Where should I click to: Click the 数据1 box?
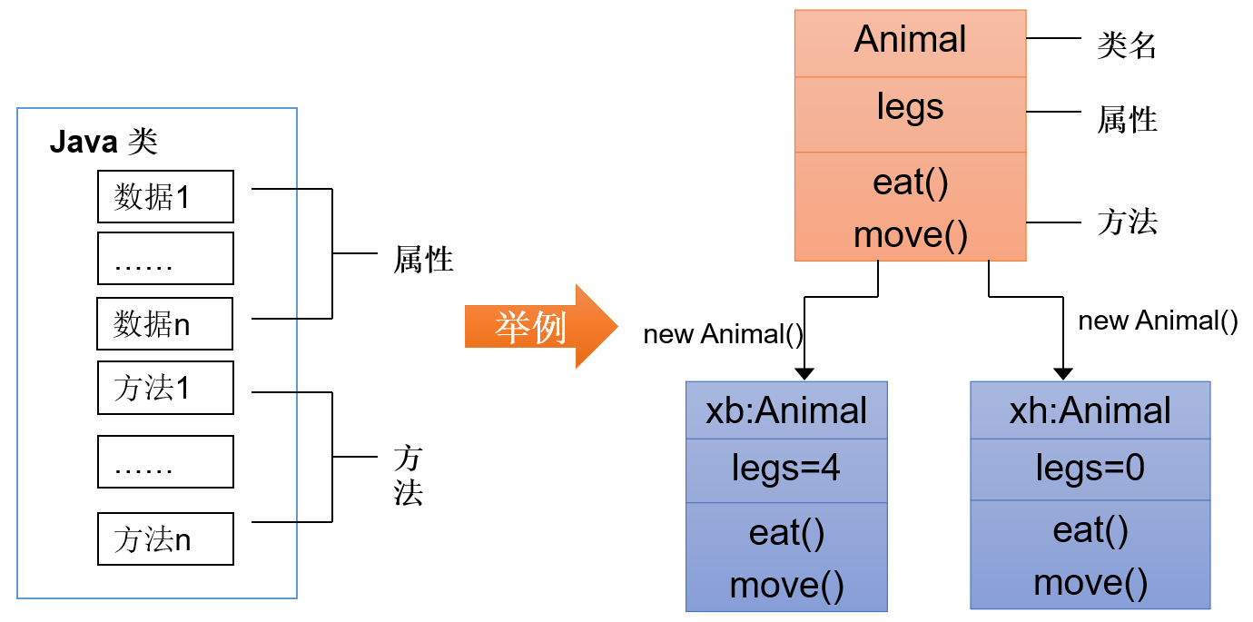[165, 196]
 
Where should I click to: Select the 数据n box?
[165, 323]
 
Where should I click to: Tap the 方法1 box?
[165, 388]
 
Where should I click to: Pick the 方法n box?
[165, 539]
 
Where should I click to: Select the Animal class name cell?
[910, 42]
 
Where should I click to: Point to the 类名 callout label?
[1126, 45]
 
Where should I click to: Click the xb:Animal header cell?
[786, 410]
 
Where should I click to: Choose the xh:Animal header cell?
[1090, 410]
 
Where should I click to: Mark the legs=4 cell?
[786, 469]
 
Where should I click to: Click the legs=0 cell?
[1090, 469]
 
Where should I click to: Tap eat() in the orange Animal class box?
[910, 183]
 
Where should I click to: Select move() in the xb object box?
[786, 585]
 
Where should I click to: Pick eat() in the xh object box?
[1090, 529]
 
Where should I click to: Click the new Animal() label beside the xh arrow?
[1158, 321]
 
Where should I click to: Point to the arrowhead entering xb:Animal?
[804, 373]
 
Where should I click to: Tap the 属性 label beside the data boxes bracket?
[423, 262]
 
